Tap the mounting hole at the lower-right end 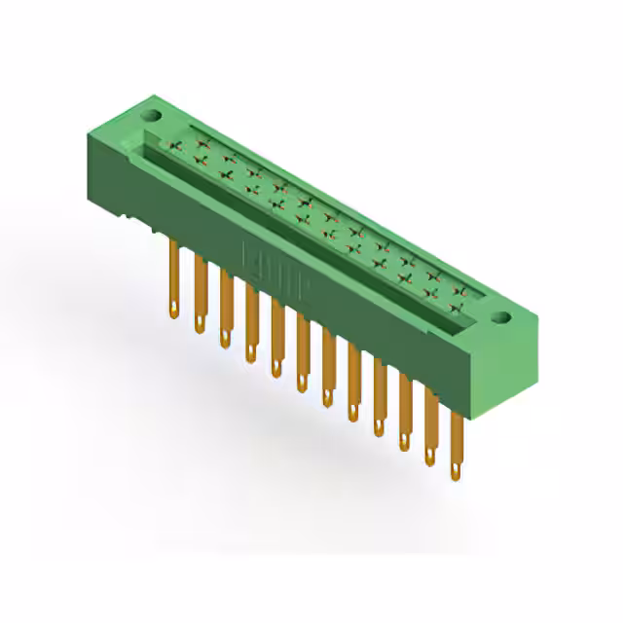coord(502,316)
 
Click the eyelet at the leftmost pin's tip coord(173,311)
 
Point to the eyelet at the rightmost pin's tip coord(456,473)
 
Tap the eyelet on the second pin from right coord(429,457)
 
